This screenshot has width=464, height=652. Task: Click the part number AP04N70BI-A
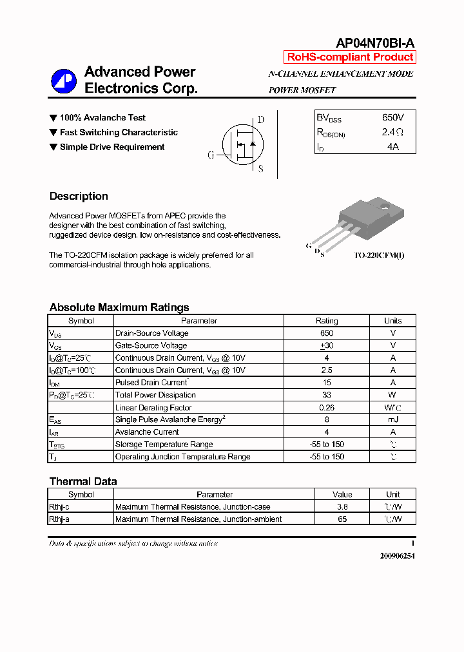point(375,43)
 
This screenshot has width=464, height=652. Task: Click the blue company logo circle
point(64,81)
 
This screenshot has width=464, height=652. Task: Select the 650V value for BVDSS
point(392,118)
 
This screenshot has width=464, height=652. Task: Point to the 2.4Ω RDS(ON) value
point(392,132)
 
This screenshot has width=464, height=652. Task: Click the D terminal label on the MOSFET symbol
point(260,120)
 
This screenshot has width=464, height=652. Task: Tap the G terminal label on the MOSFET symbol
point(211,155)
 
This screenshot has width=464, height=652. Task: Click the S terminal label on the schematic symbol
point(260,169)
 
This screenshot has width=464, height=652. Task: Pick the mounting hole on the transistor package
point(385,207)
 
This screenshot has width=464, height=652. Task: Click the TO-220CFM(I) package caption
point(378,255)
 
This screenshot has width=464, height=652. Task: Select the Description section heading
point(79,197)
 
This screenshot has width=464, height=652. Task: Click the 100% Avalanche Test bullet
point(102,118)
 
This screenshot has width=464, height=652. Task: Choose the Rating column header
point(327,321)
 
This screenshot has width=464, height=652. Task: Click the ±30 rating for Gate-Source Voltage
point(327,345)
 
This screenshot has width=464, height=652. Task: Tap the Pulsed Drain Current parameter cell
point(151,383)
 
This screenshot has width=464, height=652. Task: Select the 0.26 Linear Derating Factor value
point(327,407)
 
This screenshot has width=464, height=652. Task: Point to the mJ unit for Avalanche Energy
point(392,419)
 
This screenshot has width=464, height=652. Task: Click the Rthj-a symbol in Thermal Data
point(59,519)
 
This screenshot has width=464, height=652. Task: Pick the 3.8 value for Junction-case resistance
point(342,507)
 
